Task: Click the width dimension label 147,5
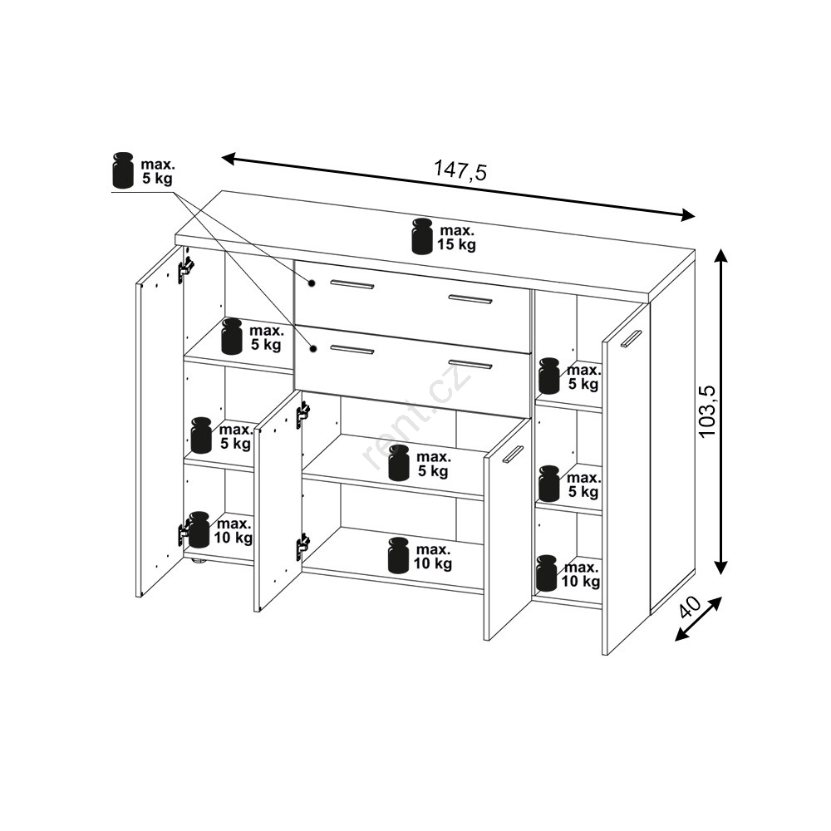pos(460,170)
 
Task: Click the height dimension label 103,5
pos(707,411)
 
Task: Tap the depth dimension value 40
pos(690,607)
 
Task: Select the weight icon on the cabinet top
pos(422,236)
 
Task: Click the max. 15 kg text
pos(456,238)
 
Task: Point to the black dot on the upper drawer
pos(312,283)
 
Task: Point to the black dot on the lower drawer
pos(313,349)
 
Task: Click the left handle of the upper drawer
pos(352,284)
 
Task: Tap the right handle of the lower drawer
pos(470,364)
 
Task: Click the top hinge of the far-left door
pos(185,269)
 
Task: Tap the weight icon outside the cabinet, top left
pos(124,170)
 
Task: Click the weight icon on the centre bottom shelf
pos(399,555)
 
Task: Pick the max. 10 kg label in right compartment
pos(581,574)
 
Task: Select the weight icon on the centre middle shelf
pos(400,463)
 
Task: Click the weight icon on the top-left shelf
pos(232,336)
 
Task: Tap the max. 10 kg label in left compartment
pos(234,531)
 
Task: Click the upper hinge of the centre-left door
pos(302,412)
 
